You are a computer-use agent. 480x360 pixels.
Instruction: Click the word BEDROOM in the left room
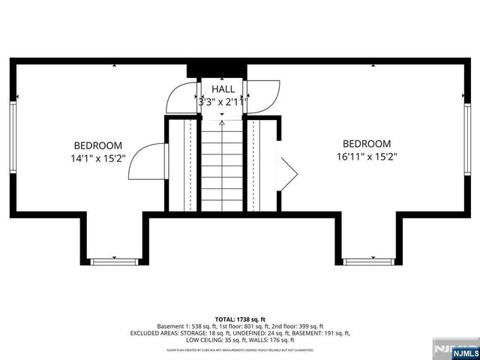click(x=97, y=145)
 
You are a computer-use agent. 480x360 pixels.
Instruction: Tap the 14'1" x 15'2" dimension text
click(x=97, y=159)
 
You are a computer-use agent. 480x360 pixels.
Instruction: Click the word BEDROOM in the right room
click(x=367, y=144)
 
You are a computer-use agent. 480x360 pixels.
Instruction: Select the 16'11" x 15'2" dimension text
click(x=367, y=157)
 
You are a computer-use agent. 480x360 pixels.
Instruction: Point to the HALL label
click(x=223, y=89)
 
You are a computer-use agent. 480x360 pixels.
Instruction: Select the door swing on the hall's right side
click(x=262, y=96)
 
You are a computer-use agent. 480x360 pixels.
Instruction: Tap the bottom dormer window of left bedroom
click(x=114, y=261)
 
